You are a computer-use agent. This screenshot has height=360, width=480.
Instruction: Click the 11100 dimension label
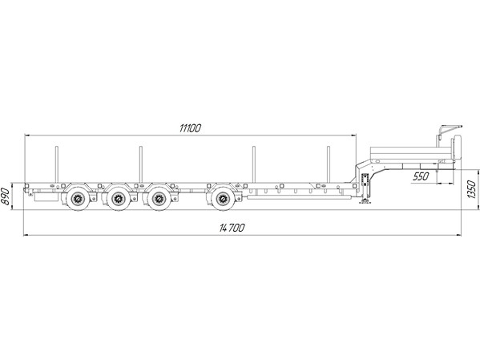190,128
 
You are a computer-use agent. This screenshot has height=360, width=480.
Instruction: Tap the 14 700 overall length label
232,228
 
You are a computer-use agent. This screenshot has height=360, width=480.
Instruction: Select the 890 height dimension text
5,196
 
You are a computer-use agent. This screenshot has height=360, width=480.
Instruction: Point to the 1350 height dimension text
472,189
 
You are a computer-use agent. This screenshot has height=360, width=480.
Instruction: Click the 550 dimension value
422,176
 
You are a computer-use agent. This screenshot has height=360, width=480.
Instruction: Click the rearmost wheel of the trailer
78,200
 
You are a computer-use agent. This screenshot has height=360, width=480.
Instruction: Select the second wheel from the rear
118,200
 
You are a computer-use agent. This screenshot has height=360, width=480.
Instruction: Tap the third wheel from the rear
159,200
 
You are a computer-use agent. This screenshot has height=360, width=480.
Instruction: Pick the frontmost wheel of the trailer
223,200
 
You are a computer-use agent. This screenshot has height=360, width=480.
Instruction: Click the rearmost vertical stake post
56,164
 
